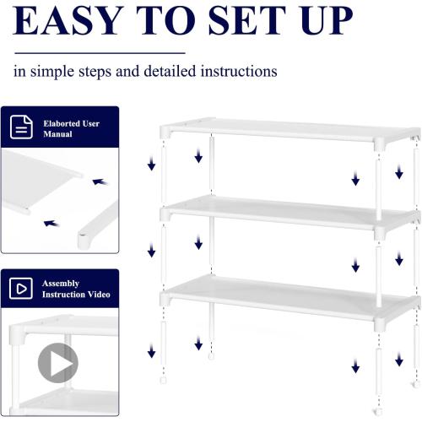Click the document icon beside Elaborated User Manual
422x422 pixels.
tap(22, 127)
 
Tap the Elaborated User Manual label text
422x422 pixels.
tap(71, 128)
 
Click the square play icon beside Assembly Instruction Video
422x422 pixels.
tap(22, 289)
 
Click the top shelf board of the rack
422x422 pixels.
tap(287, 130)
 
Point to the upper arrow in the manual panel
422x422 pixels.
tap(100, 181)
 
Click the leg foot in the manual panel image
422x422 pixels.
tap(84, 241)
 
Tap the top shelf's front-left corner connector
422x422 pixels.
tap(165, 132)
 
